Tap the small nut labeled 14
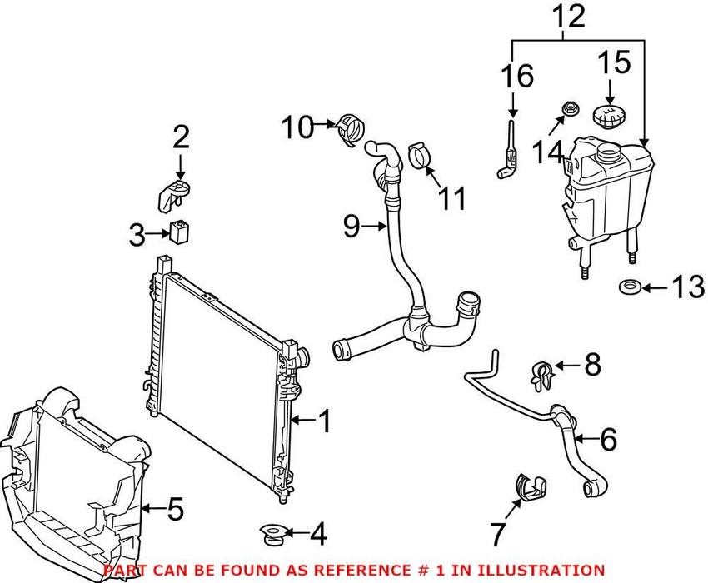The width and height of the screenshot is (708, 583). (571, 108)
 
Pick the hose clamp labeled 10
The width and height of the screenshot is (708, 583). (350, 130)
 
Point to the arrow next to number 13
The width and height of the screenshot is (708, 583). (657, 289)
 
